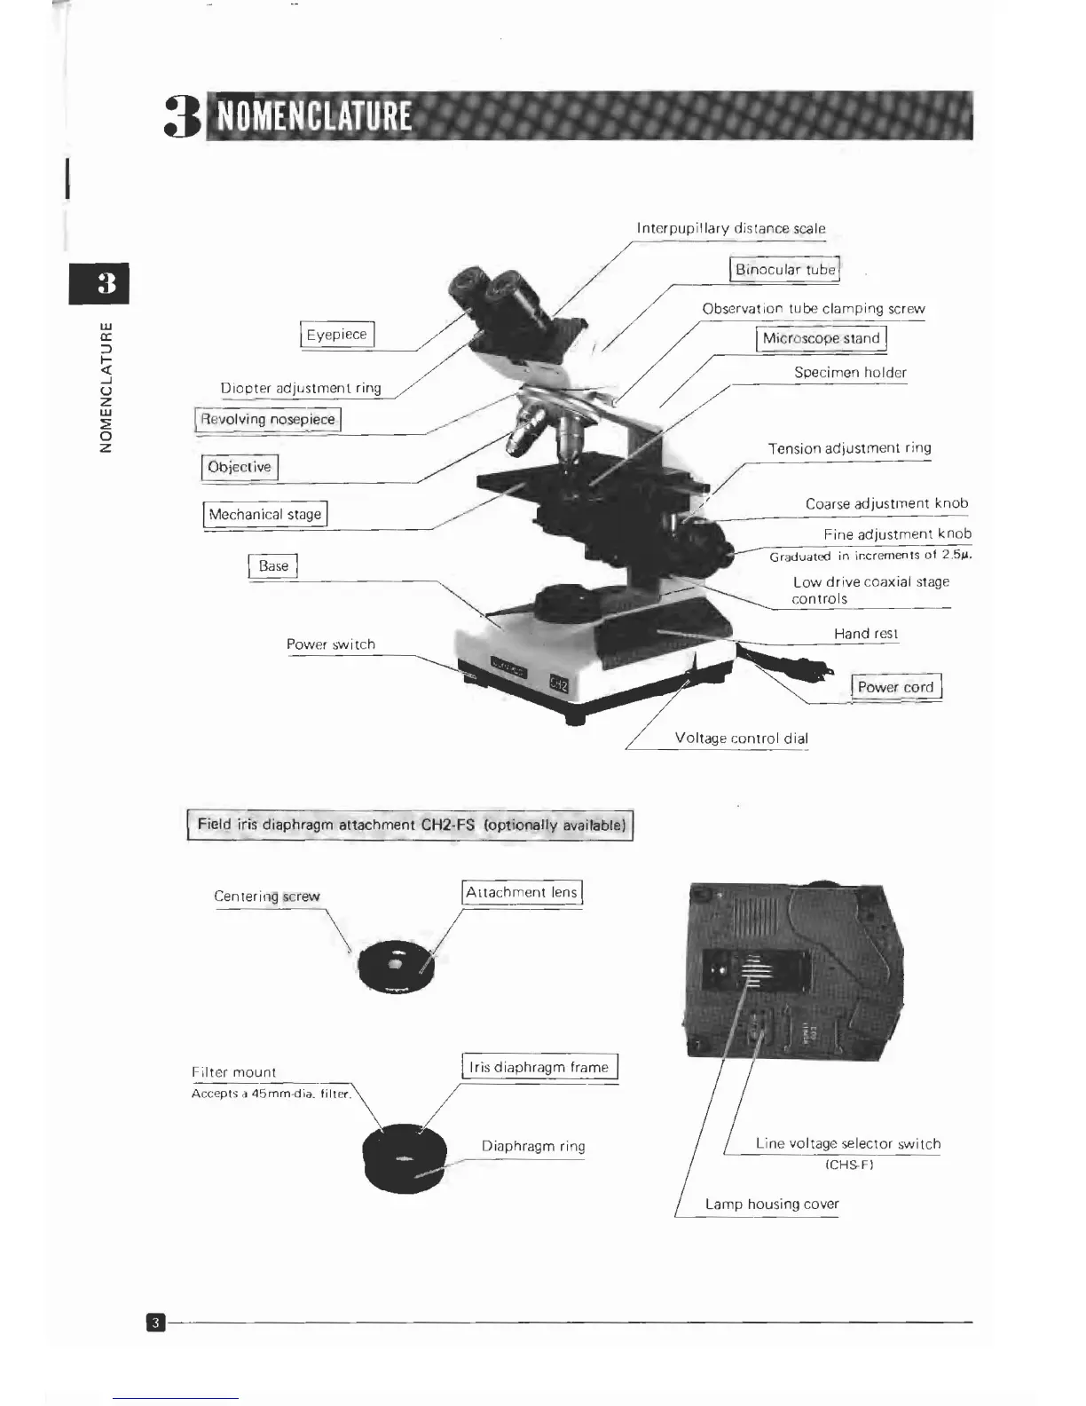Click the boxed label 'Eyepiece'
[x=337, y=335]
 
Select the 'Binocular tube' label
[x=784, y=269]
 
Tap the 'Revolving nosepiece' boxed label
[x=268, y=419]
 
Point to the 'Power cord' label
[x=895, y=687]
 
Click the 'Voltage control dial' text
[x=741, y=738]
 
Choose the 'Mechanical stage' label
[x=265, y=514]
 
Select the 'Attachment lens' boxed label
[x=522, y=892]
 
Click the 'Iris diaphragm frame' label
[x=539, y=1067]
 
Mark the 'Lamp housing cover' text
[x=771, y=1204]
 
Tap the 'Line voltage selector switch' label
[x=847, y=1143]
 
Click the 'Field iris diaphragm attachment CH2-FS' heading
[x=410, y=825]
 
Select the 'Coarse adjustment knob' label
[x=886, y=503]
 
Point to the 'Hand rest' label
[x=865, y=633]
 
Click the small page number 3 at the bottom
[x=155, y=1323]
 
